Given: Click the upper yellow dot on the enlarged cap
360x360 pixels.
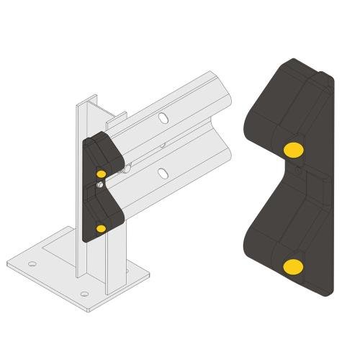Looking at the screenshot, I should (293, 150).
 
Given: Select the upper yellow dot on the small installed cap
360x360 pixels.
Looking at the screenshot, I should (101, 173).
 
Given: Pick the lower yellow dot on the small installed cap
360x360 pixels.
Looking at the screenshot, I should (100, 228).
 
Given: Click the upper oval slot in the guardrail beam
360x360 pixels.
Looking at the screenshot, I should (165, 117).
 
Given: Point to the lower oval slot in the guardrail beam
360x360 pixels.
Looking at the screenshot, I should (164, 172).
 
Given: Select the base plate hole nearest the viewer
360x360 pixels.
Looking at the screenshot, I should (85, 294).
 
